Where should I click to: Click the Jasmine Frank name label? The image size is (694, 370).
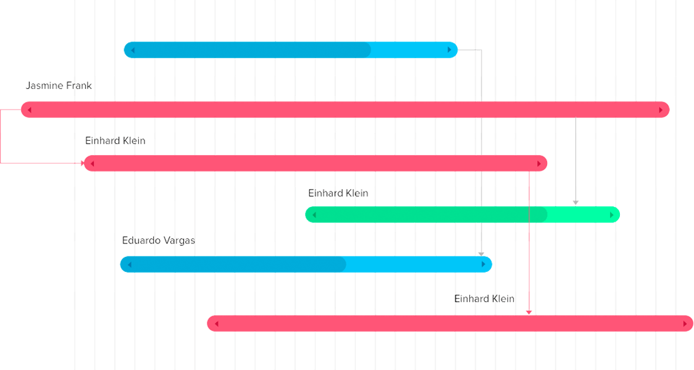pyautogui.click(x=59, y=86)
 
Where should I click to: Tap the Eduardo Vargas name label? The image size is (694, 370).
pyautogui.click(x=158, y=240)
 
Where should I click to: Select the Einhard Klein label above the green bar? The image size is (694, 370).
pyautogui.click(x=338, y=193)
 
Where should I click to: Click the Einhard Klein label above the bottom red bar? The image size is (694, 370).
pyautogui.click(x=485, y=299)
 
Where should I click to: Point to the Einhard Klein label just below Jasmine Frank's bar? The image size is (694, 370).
pyautogui.click(x=115, y=141)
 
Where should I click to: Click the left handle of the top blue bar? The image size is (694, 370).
pyautogui.click(x=133, y=50)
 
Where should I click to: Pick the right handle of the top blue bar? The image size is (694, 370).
pyautogui.click(x=449, y=50)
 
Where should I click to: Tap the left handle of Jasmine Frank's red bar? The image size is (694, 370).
pyautogui.click(x=29, y=110)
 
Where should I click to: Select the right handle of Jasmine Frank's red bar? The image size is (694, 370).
pyautogui.click(x=661, y=110)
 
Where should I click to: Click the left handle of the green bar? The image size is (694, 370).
pyautogui.click(x=314, y=215)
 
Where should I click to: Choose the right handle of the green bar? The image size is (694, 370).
pyautogui.click(x=612, y=215)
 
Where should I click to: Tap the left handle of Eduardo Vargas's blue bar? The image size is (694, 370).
pyautogui.click(x=129, y=264)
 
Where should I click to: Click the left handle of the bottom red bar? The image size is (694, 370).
pyautogui.click(x=216, y=324)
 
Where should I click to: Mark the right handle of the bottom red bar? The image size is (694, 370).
pyautogui.click(x=685, y=324)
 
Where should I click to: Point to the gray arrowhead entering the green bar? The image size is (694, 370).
pyautogui.click(x=575, y=203)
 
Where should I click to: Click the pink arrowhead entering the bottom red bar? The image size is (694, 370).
pyautogui.click(x=529, y=313)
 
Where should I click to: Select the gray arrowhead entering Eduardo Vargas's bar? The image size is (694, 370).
pyautogui.click(x=481, y=253)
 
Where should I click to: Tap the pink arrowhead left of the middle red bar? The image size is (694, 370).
pyautogui.click(x=84, y=163)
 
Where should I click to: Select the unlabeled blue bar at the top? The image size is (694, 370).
pyautogui.click(x=290, y=50)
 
